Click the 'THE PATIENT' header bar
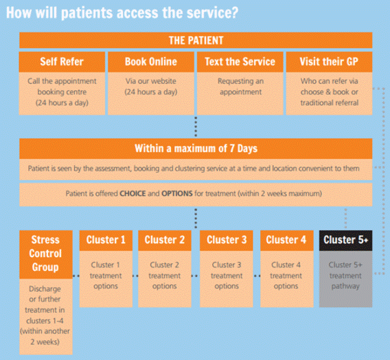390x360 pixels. point(196,40)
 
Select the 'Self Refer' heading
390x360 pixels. point(62,62)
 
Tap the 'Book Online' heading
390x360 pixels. point(151,62)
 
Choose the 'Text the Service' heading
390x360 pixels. point(240,62)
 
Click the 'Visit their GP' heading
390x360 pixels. point(329,62)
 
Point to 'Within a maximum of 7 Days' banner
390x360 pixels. point(196,148)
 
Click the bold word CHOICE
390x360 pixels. point(132,193)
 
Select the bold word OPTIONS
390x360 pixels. point(177,193)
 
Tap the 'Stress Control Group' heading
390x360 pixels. point(46,254)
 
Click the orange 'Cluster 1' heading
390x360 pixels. point(106,240)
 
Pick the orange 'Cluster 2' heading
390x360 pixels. point(165,240)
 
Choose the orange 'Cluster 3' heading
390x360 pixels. point(227,240)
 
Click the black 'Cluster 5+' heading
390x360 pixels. point(346,240)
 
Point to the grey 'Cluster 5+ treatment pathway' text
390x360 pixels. point(346,276)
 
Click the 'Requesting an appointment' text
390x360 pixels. point(240,87)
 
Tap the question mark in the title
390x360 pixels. point(234,12)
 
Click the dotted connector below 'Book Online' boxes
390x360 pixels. point(196,126)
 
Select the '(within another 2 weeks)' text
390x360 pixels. point(45,336)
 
